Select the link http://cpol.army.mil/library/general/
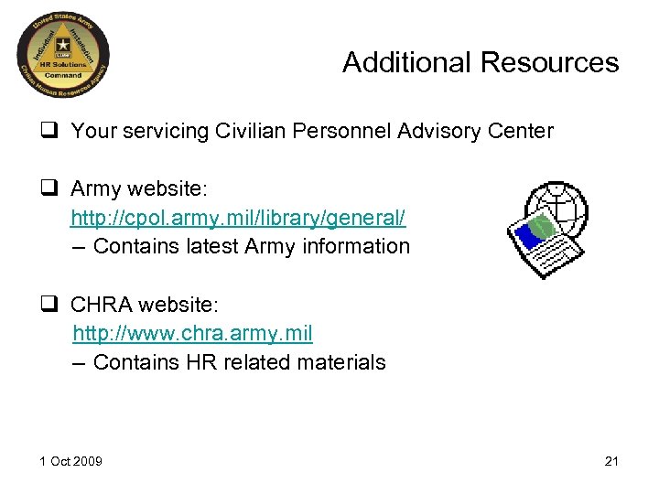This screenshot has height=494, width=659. tap(238, 218)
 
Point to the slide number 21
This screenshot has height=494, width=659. tap(611, 460)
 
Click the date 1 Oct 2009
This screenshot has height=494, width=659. tap(70, 460)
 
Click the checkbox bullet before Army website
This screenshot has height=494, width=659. tap(51, 189)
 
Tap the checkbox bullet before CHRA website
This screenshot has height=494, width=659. tap(51, 305)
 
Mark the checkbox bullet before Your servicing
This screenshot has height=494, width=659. tap(51, 132)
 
